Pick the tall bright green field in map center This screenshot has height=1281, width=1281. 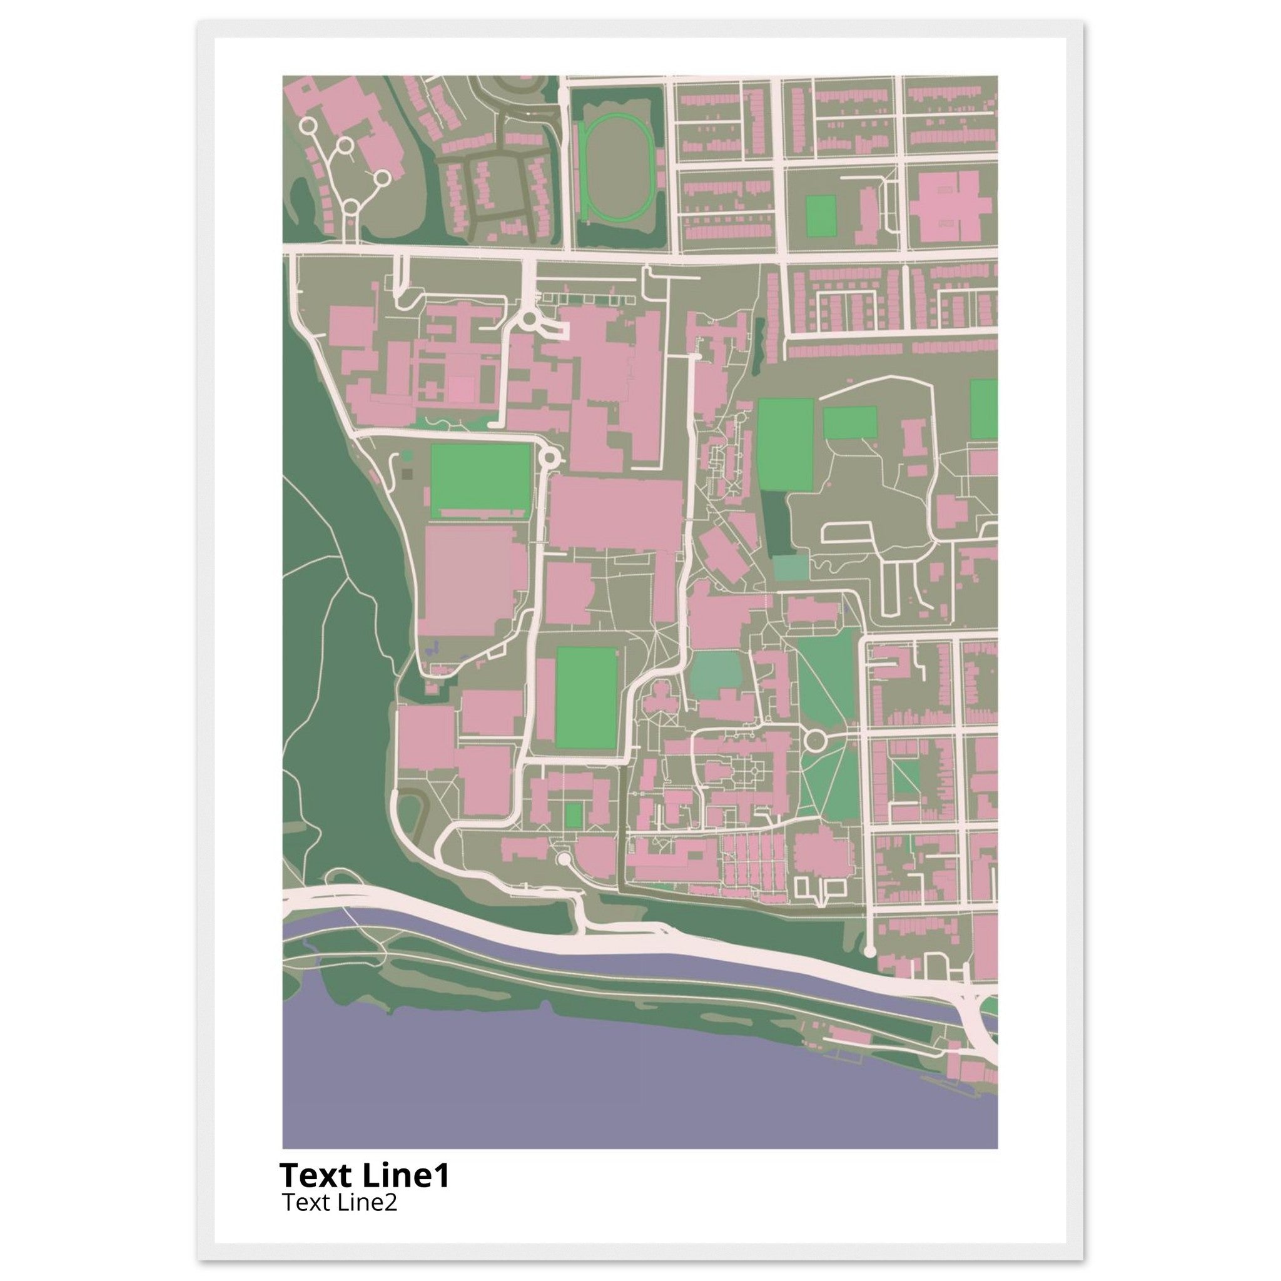(x=586, y=697)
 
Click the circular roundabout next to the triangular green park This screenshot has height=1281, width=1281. (x=814, y=739)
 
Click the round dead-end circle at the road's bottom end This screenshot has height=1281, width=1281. (x=870, y=951)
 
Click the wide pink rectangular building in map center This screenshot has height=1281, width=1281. (x=615, y=514)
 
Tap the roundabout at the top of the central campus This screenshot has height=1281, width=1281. (x=529, y=320)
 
